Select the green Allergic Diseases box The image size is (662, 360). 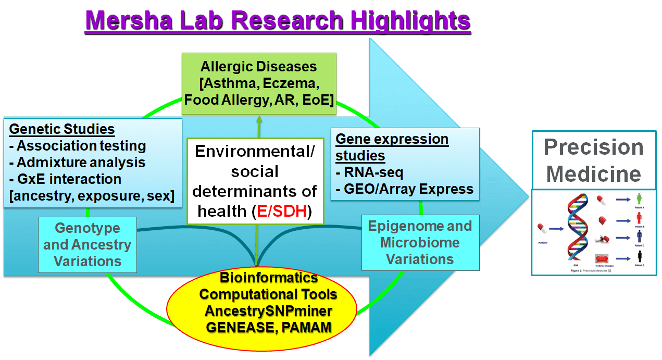point(259,83)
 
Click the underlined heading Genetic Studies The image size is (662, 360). point(62,129)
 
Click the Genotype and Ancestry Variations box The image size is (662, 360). point(87,244)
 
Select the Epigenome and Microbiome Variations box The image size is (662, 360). point(420,242)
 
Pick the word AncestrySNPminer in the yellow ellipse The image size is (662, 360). point(268,311)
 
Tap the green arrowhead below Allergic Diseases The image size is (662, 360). point(259,119)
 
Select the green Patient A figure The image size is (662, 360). point(639,198)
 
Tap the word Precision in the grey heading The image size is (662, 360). point(594,147)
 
